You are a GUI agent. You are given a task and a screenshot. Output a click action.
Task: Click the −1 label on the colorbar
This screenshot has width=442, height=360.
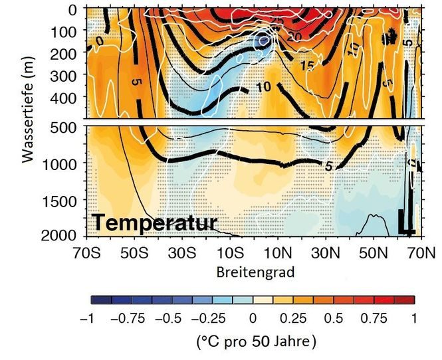[x=86, y=319]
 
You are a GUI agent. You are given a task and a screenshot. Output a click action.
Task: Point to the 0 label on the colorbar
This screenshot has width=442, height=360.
[x=253, y=319]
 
